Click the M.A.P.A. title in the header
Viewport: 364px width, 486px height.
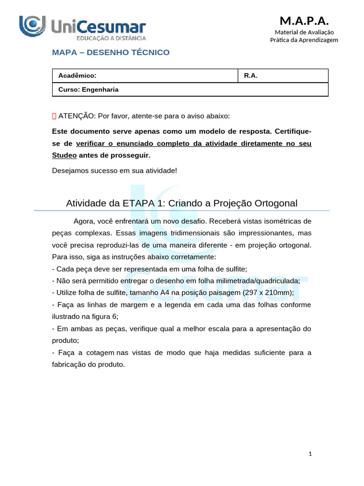304,20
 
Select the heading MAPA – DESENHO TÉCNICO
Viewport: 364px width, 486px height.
110,52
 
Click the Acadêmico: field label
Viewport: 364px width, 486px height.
77,76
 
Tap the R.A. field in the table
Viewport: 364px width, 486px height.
251,76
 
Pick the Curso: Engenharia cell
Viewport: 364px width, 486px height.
88,89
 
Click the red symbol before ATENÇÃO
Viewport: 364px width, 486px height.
54,116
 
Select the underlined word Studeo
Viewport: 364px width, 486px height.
64,155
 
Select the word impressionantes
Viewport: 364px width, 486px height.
253,233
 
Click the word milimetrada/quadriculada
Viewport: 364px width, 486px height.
250,280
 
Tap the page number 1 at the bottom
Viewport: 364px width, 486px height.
310,454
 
